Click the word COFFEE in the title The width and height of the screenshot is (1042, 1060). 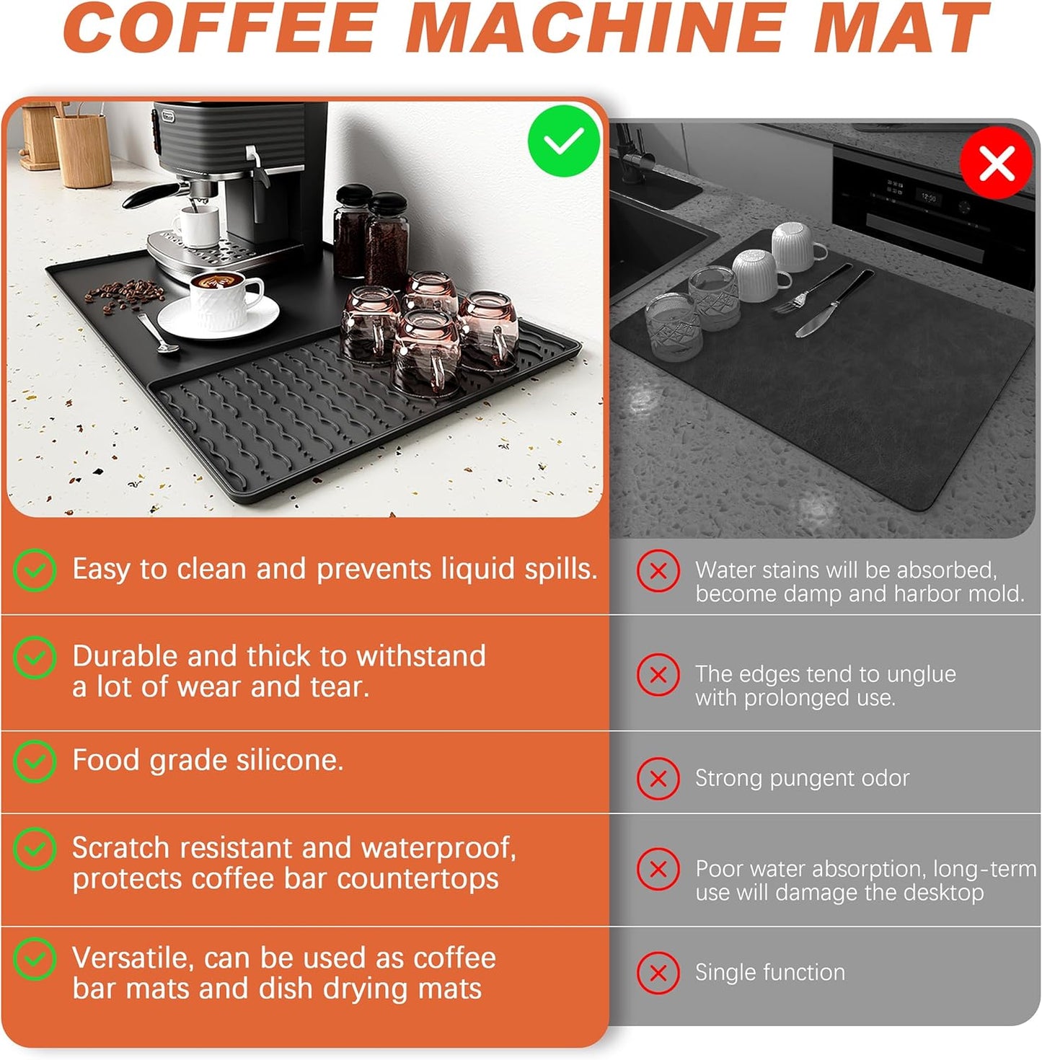coord(221,29)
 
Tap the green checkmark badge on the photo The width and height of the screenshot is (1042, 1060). coord(563,141)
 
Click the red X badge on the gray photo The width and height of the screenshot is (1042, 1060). coord(997,163)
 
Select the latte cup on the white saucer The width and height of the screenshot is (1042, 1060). coord(225,292)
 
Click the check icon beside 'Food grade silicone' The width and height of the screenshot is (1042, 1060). coord(35,761)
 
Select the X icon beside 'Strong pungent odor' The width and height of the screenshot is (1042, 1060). coord(658,778)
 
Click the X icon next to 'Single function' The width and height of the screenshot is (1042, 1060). coord(658,972)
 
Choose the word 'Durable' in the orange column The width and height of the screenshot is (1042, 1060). coord(124,656)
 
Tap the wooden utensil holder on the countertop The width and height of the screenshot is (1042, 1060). coord(81,148)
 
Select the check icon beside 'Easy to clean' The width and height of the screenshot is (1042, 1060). coord(35,570)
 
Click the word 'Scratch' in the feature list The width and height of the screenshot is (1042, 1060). coord(120,848)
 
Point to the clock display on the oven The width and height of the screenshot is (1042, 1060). coord(928,197)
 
